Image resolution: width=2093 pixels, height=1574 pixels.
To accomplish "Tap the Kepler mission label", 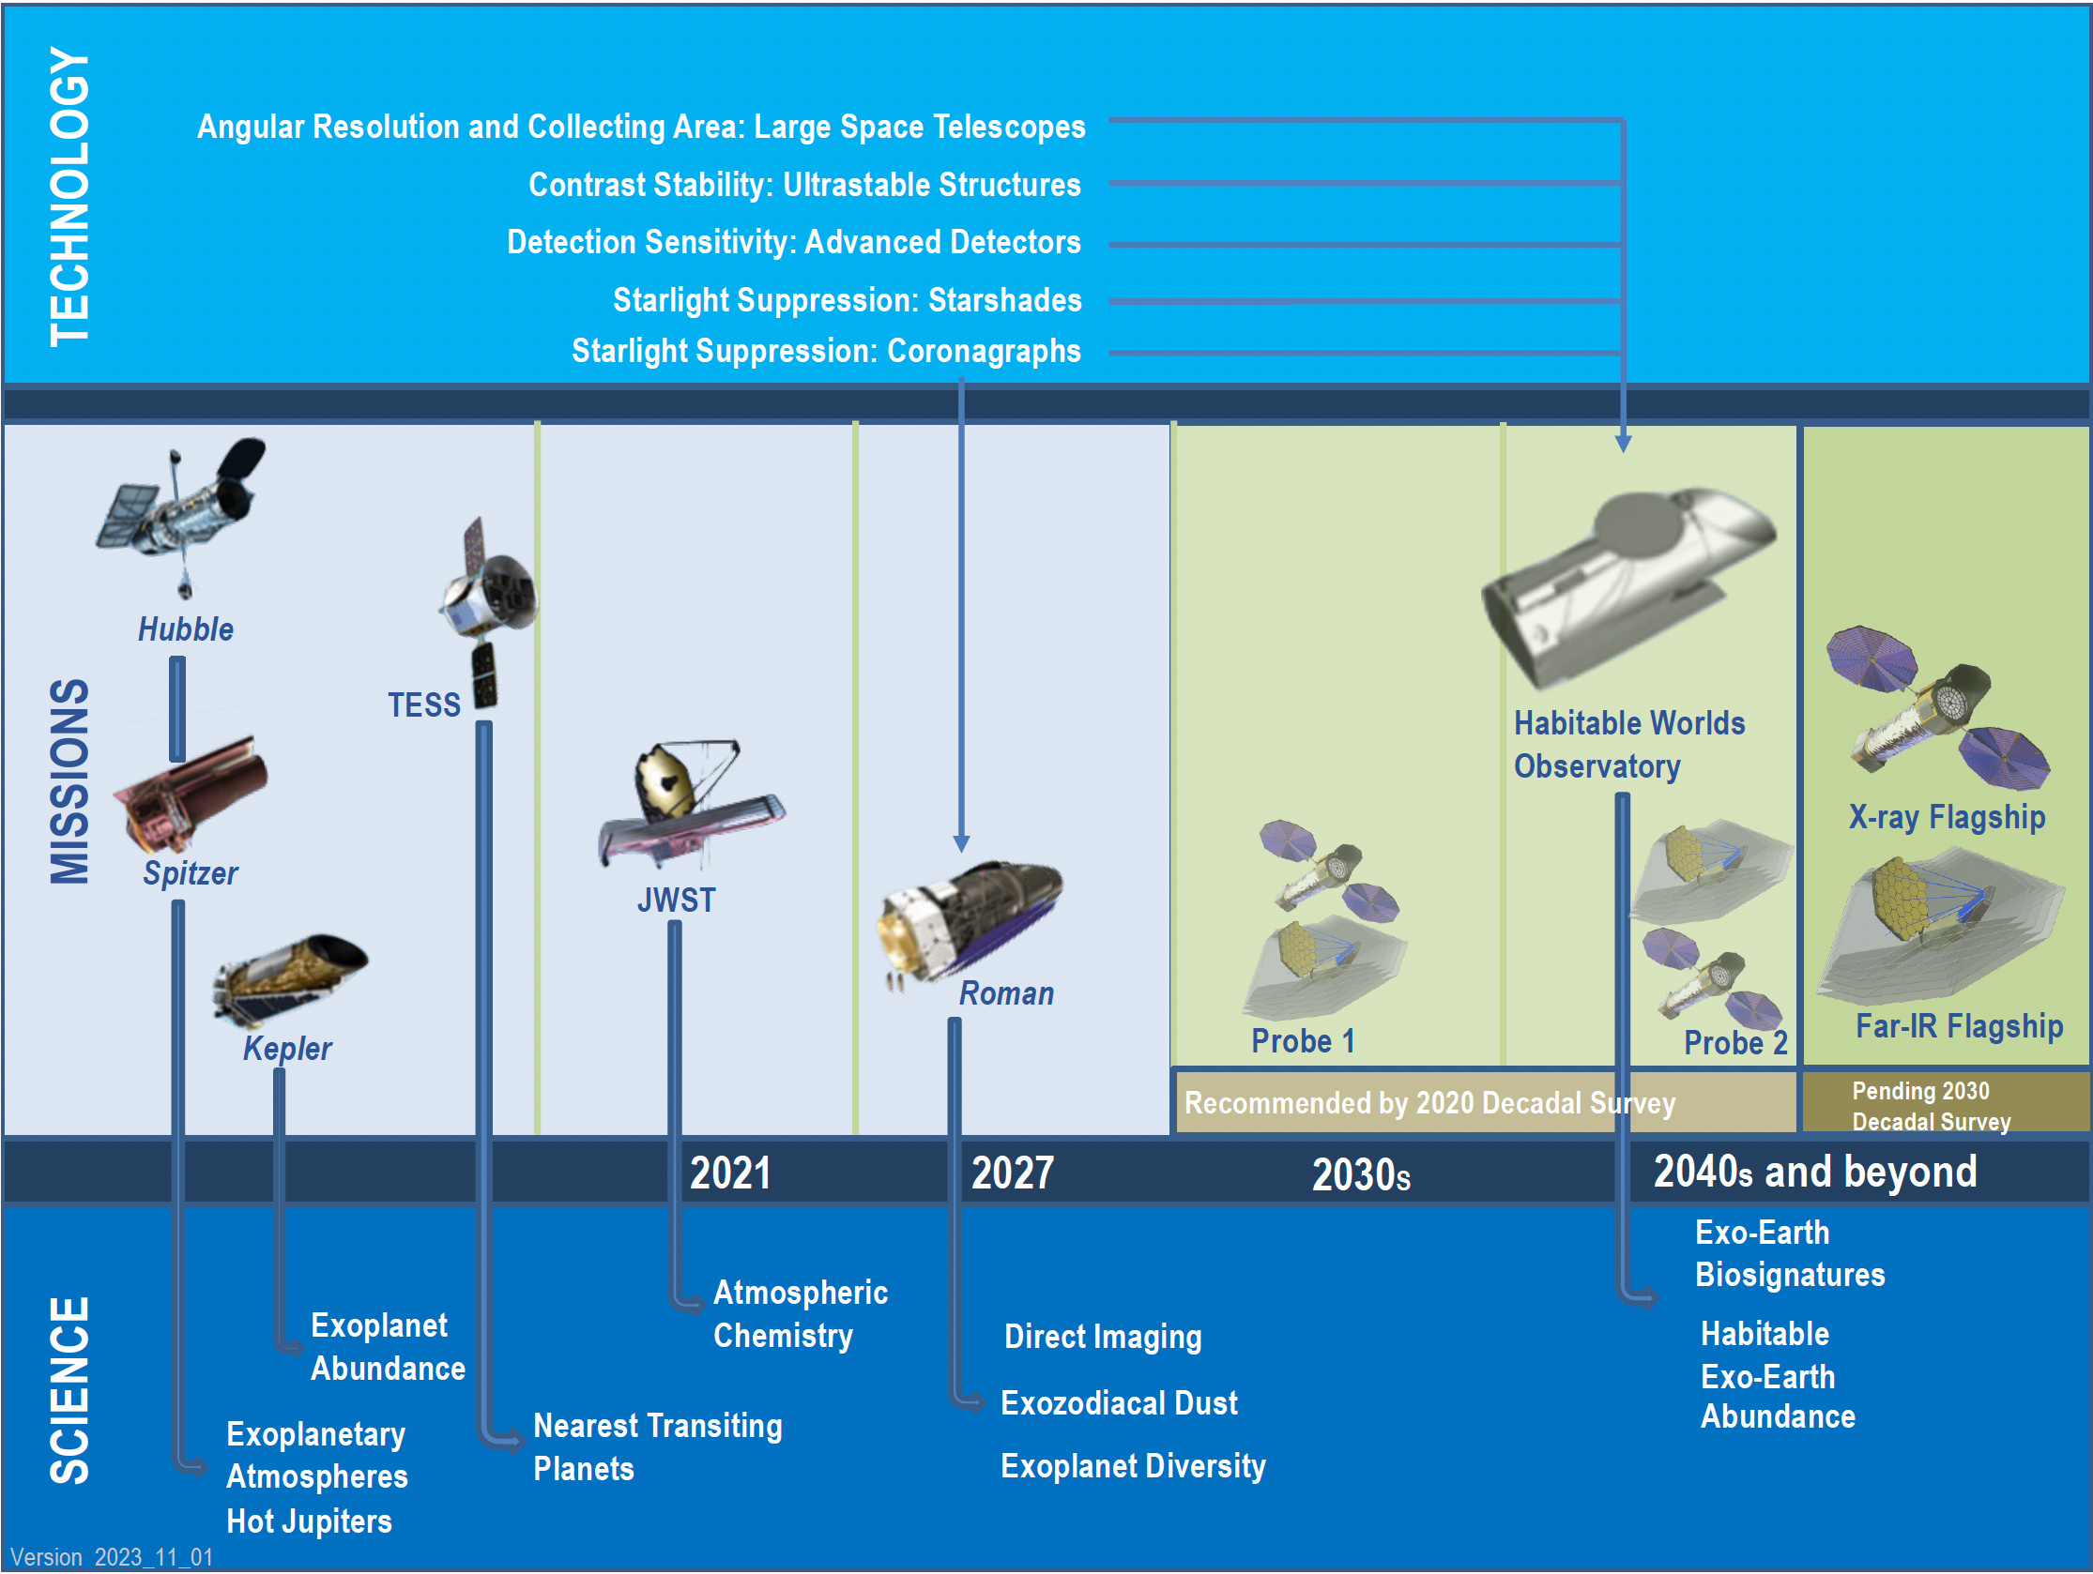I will tap(287, 1048).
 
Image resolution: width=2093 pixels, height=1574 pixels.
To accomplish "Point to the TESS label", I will tap(424, 704).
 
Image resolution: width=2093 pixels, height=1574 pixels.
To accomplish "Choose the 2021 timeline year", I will tap(729, 1173).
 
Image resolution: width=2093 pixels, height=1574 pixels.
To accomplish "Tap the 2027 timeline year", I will tap(1013, 1173).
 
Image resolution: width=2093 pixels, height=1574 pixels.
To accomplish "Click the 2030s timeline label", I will tap(1361, 1174).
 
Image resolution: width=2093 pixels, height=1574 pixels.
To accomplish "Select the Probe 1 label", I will tap(1303, 1040).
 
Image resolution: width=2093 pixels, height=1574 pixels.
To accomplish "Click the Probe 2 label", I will tap(1735, 1042).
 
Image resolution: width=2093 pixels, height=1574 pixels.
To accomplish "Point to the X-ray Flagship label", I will tap(1947, 816).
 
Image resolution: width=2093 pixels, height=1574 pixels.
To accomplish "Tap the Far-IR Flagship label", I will tap(1959, 1025).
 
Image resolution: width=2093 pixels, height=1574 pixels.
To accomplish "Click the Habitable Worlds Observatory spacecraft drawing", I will tap(1627, 586).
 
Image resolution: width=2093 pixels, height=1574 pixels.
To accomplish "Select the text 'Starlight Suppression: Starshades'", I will tap(847, 300).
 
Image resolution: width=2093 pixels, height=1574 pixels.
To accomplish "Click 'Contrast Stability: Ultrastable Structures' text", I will tap(804, 185).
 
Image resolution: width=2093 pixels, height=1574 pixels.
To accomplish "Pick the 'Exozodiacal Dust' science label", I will tap(1119, 1402).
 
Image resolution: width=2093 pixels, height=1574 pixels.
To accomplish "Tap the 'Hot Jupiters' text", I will tap(309, 1521).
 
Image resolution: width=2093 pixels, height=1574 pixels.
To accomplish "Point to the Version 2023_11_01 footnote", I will tap(112, 1557).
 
